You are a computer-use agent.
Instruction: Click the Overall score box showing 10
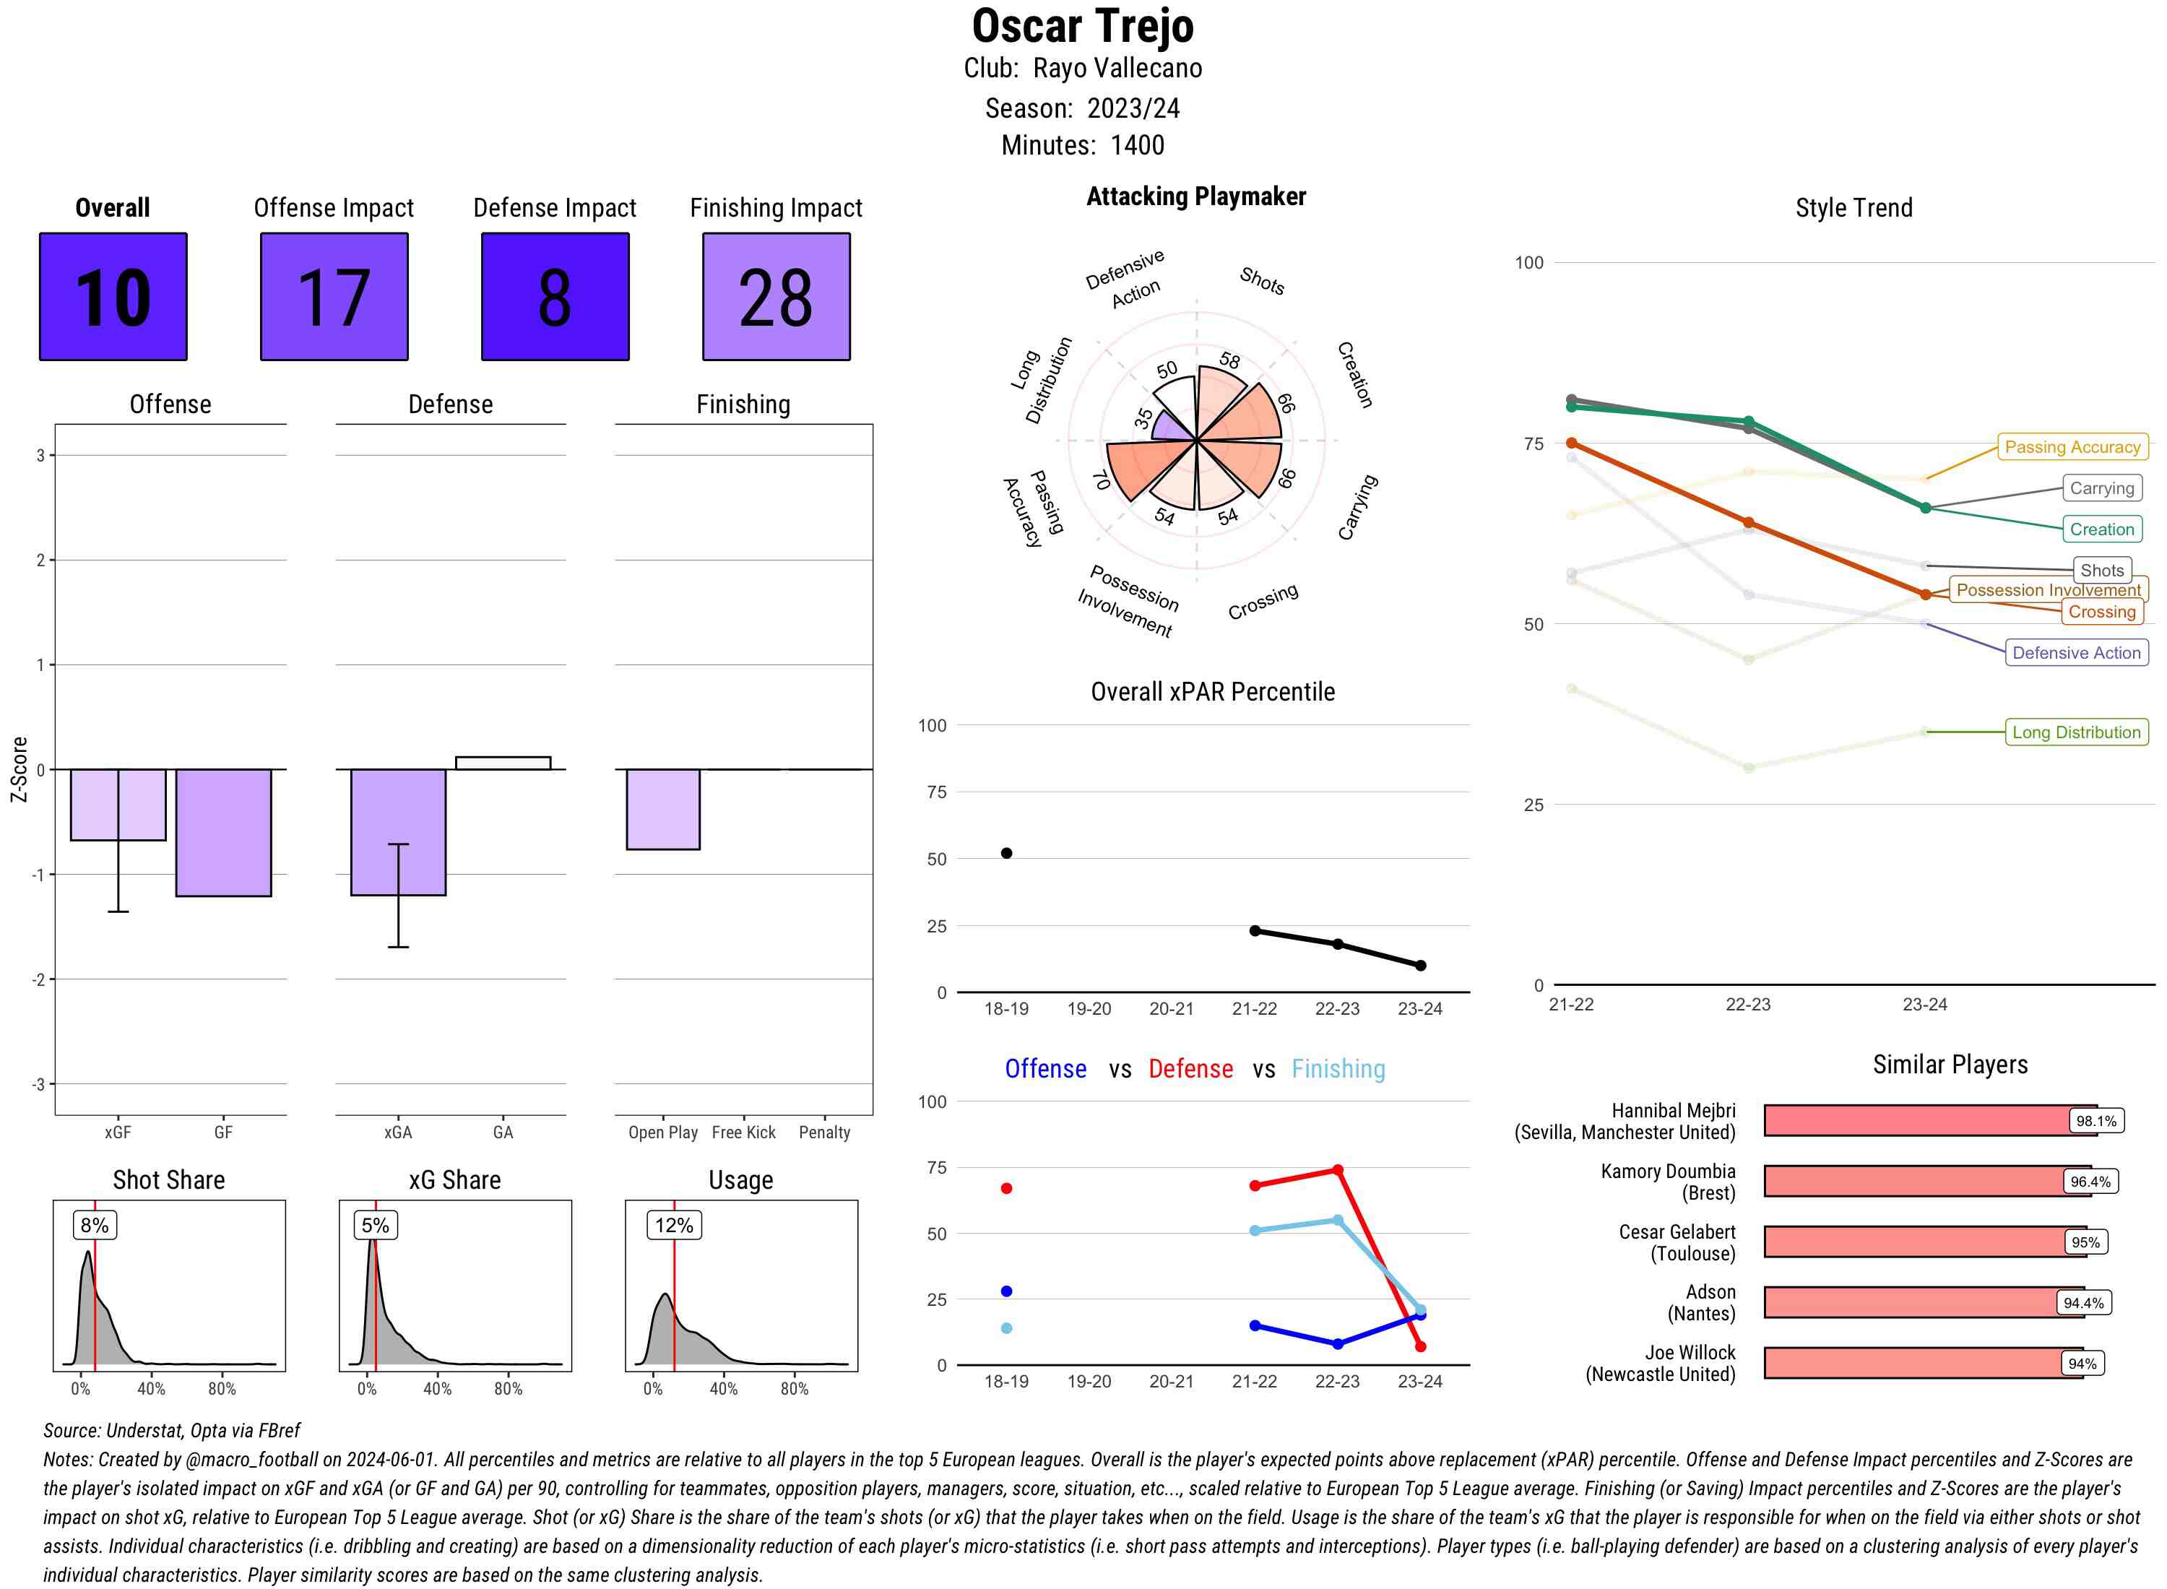(113, 296)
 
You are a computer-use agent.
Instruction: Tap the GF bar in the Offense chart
(223, 832)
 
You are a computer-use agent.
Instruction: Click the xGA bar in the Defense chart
(397, 832)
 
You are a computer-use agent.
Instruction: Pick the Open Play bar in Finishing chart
(662, 809)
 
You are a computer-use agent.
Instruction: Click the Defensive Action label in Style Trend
(2076, 652)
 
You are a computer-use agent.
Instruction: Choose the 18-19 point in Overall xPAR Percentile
(1006, 853)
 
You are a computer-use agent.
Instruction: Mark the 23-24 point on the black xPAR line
(1419, 965)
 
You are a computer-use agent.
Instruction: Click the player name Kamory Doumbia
(1668, 1171)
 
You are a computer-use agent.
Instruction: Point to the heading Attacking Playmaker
(1195, 196)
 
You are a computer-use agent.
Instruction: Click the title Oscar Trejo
(1082, 26)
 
